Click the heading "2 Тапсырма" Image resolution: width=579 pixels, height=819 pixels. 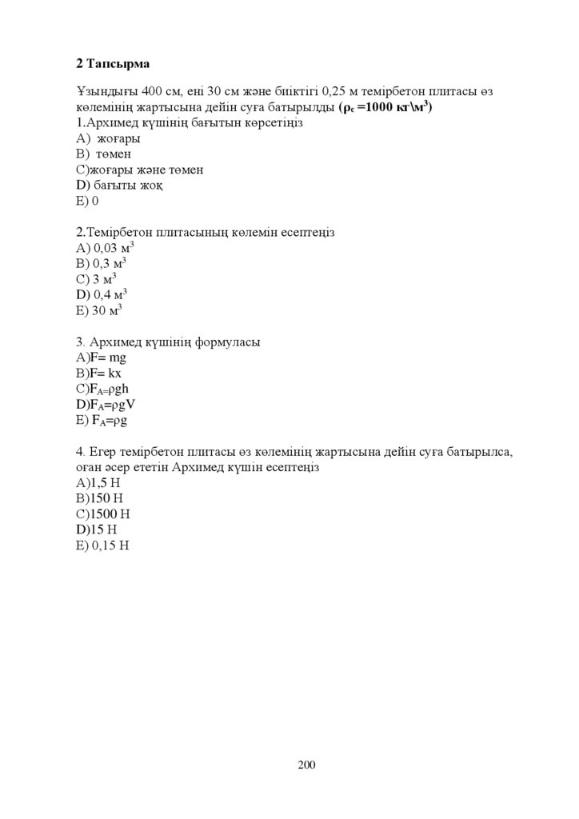[113, 62]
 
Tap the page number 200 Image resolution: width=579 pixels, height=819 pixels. [306, 765]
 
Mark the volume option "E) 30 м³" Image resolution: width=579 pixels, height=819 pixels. [98, 310]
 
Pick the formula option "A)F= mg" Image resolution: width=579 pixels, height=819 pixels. [102, 358]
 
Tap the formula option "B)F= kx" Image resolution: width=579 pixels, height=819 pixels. [99, 374]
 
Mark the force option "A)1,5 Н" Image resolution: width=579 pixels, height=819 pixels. [98, 483]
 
